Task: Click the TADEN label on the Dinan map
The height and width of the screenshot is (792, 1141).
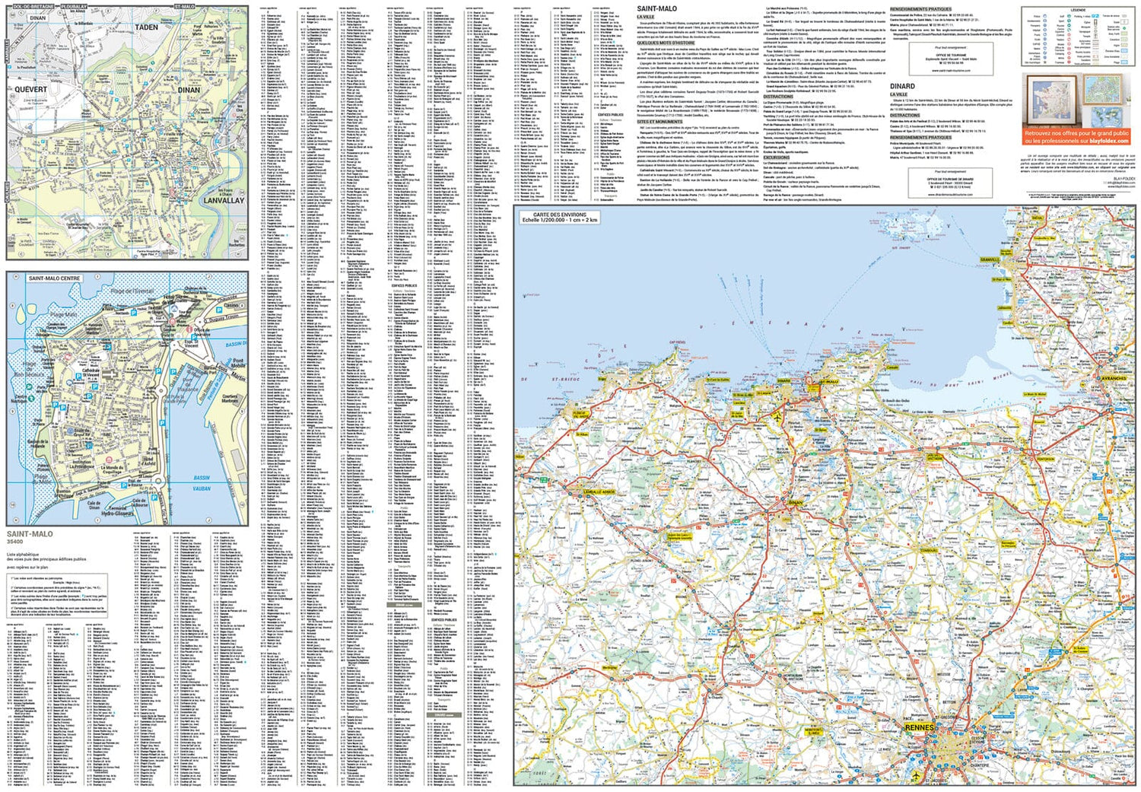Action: [x=146, y=27]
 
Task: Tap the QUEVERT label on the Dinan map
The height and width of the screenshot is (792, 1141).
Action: [x=30, y=89]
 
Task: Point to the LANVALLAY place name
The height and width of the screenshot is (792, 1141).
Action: [x=224, y=200]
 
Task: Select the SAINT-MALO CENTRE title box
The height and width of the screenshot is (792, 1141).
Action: [x=54, y=278]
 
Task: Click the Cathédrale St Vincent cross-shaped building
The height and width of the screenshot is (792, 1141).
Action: [x=91, y=377]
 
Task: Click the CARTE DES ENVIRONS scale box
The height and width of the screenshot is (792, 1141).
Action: [x=559, y=217]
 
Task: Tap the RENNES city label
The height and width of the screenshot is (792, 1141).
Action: [x=919, y=727]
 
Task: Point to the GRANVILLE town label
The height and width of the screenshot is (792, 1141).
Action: [x=990, y=259]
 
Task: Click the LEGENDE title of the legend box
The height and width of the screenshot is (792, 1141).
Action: [x=1078, y=11]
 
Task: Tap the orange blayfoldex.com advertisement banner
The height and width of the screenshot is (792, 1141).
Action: [x=1076, y=136]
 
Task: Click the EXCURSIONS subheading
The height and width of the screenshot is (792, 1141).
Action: [x=777, y=157]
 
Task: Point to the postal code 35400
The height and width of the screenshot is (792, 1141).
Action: [x=15, y=542]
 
